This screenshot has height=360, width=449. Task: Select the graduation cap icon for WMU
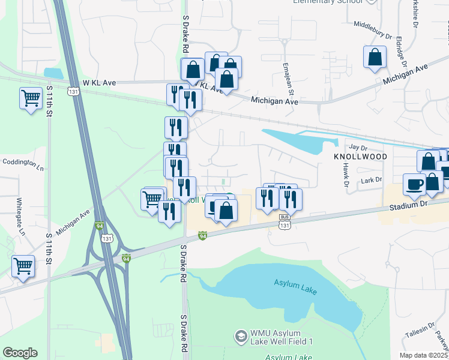click(x=241, y=337)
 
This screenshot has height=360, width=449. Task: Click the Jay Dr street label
click(x=357, y=146)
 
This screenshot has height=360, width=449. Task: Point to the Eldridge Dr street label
click(x=400, y=52)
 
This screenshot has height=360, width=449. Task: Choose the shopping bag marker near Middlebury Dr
click(x=375, y=58)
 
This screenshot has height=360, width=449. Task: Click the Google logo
click(x=20, y=353)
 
